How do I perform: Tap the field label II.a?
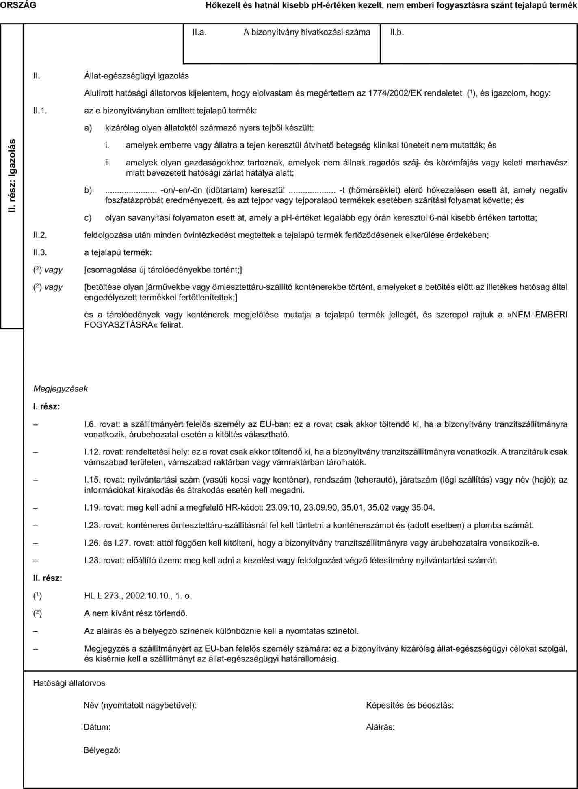click(x=199, y=33)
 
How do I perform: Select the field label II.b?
click(x=397, y=33)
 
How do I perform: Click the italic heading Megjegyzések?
click(x=61, y=389)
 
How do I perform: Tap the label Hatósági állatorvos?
click(x=69, y=683)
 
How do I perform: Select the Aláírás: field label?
click(x=380, y=727)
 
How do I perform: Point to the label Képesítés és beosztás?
click(x=410, y=705)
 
